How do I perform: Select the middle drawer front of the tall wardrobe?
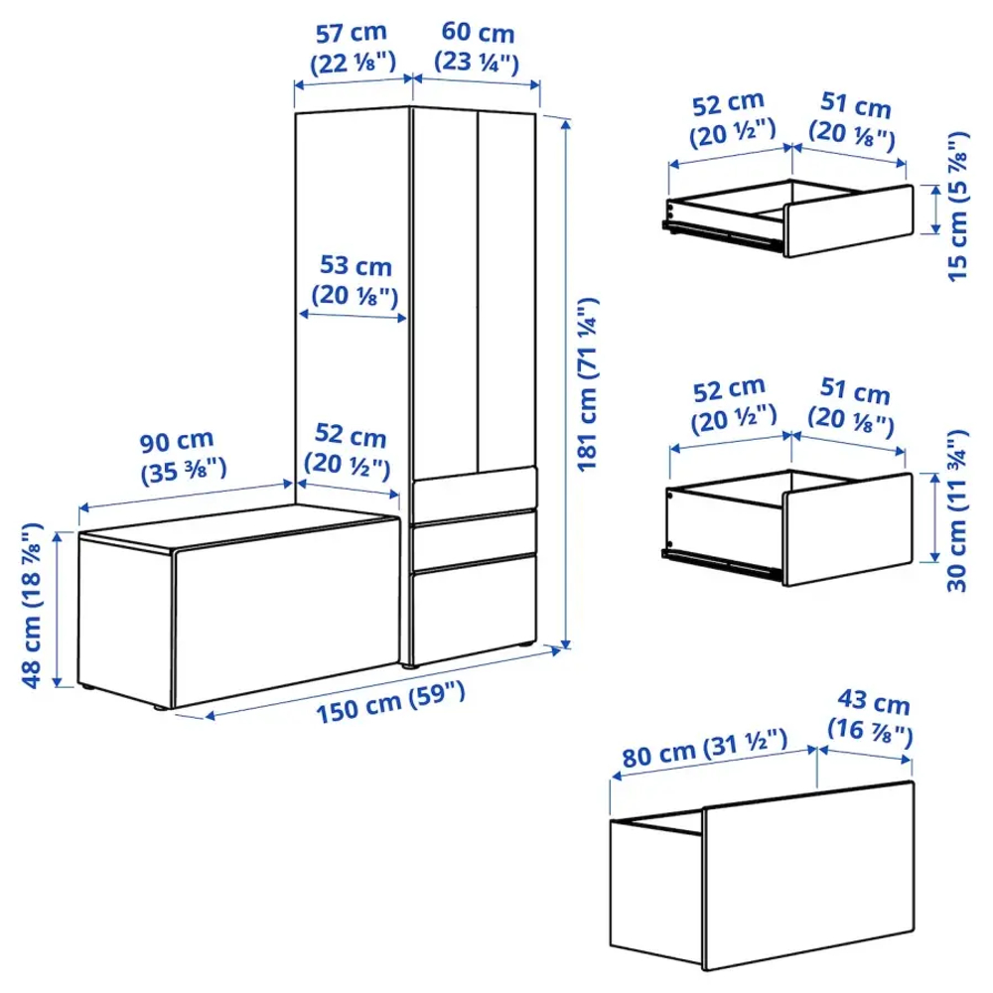point(475,538)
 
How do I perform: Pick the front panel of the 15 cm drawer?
point(847,219)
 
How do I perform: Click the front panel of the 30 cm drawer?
point(847,529)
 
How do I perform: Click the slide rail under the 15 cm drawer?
point(720,232)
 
